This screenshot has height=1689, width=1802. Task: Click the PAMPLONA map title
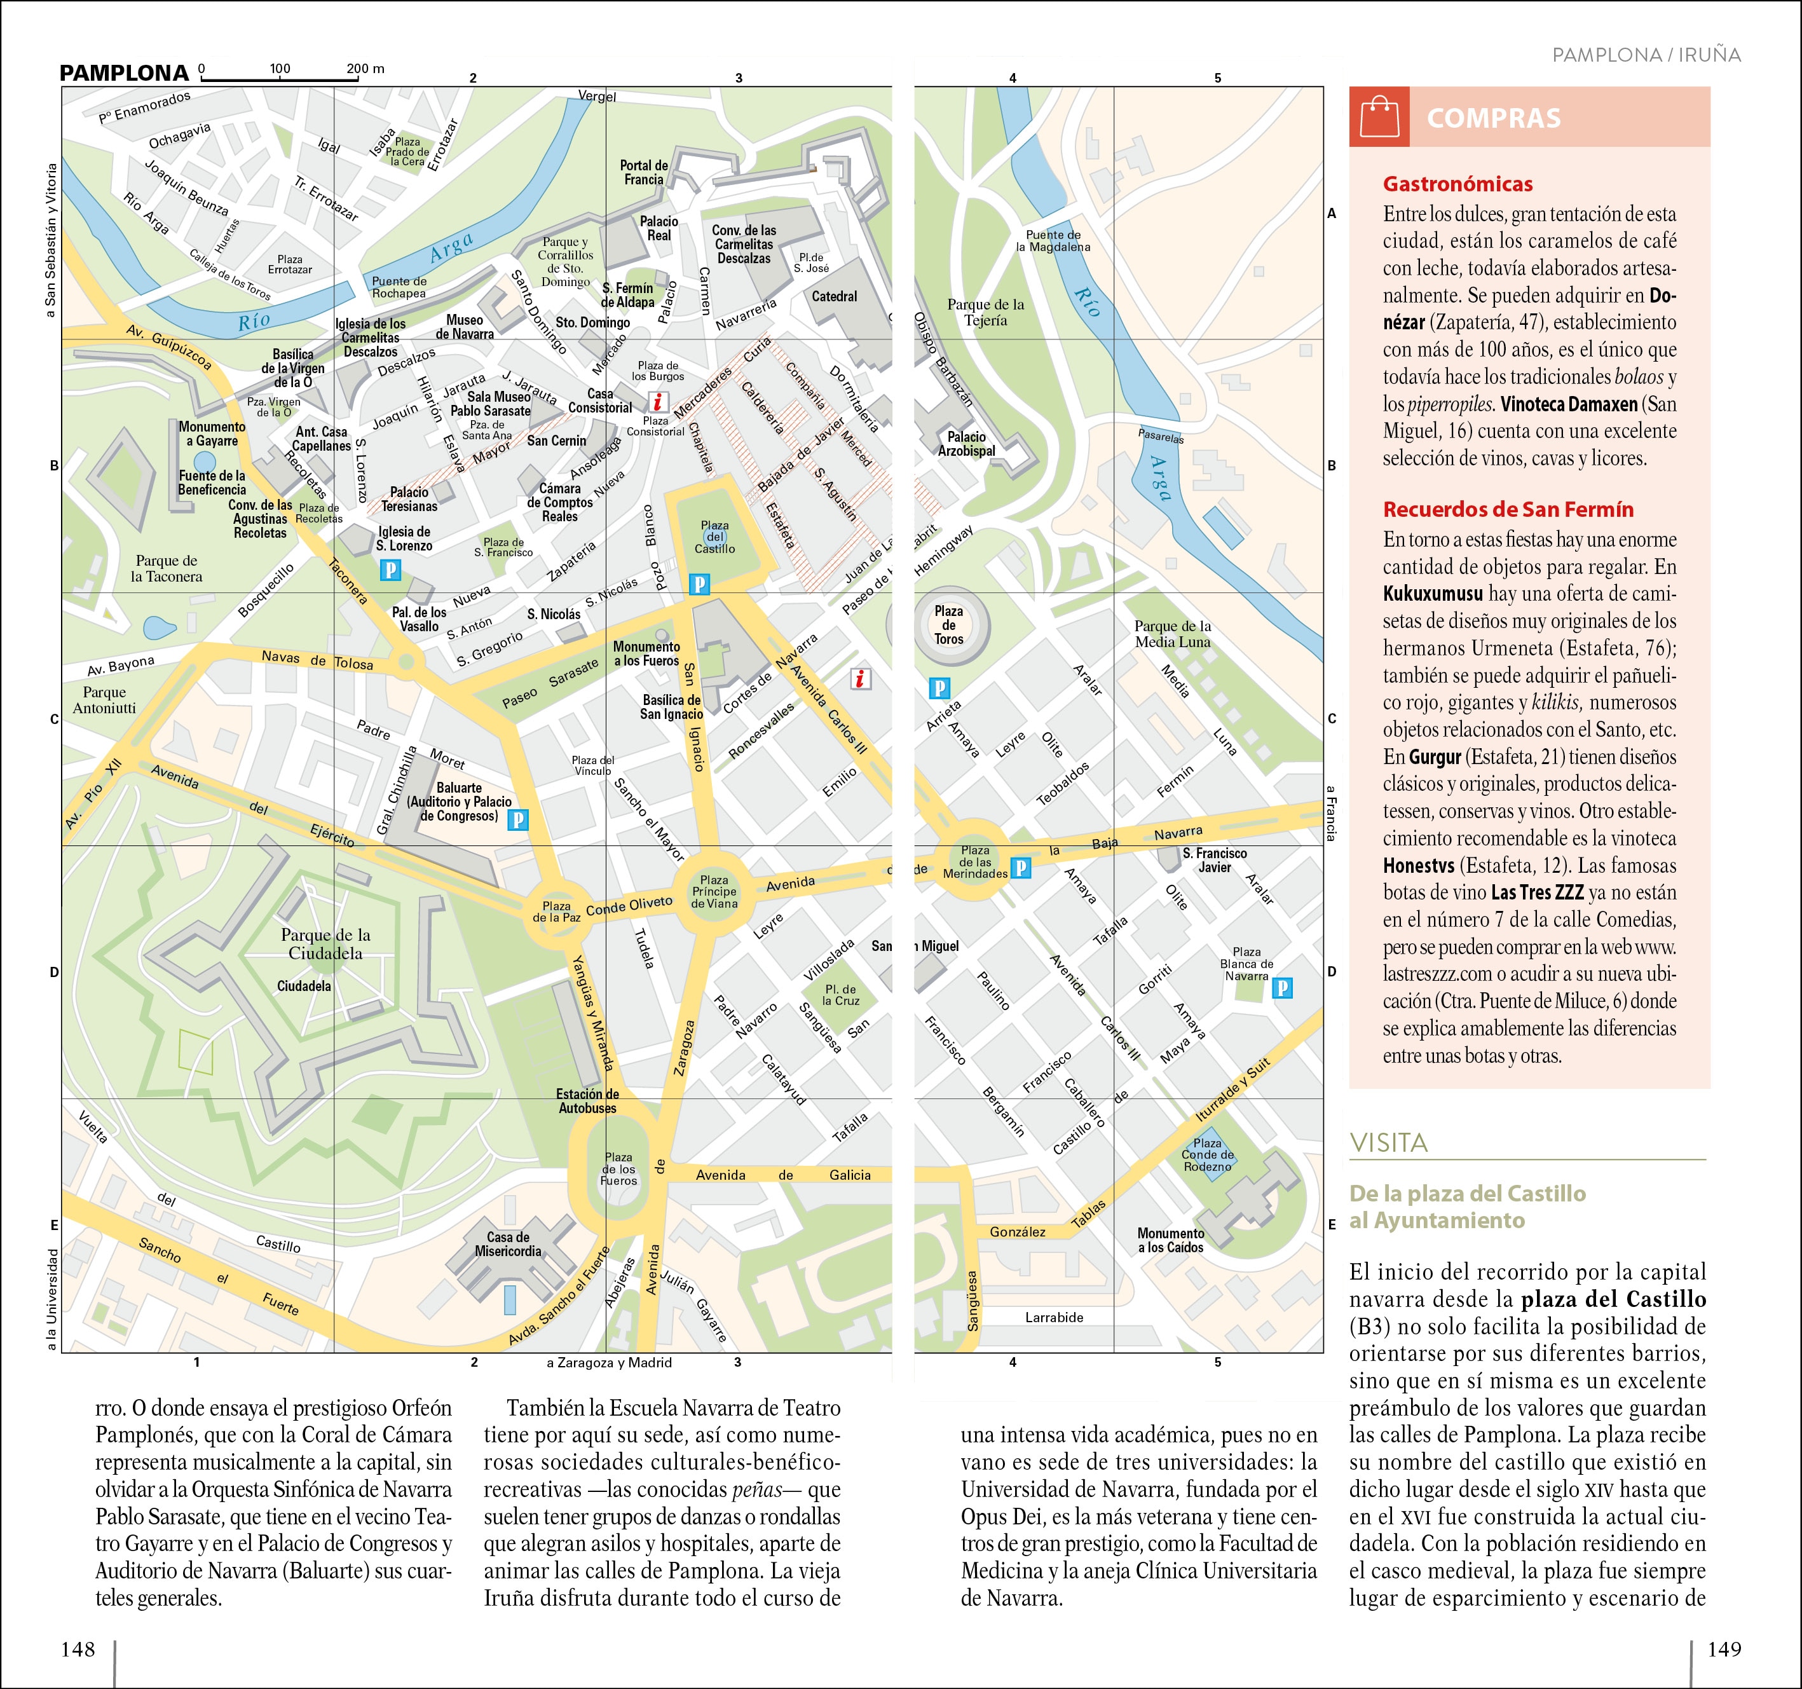[x=124, y=72]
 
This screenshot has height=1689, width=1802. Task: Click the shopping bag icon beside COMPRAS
[x=1379, y=117]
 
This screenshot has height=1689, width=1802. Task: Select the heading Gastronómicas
[x=1457, y=184]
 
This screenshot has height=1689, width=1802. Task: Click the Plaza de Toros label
[x=948, y=625]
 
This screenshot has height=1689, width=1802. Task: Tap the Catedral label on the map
[x=834, y=296]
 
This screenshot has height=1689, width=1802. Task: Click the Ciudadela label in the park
[x=304, y=985]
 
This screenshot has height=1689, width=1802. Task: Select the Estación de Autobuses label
[x=587, y=1100]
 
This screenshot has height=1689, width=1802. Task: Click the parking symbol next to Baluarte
[x=517, y=819]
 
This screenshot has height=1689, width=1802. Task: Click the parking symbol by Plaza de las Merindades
[x=1021, y=868]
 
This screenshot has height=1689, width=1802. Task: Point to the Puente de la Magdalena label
[x=1053, y=240]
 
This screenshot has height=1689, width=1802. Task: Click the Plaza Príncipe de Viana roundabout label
[x=714, y=891]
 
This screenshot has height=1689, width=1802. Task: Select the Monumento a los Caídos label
[x=1170, y=1240]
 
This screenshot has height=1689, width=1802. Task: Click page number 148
[x=78, y=1648]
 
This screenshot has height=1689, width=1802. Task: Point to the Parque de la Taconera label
[x=166, y=568]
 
